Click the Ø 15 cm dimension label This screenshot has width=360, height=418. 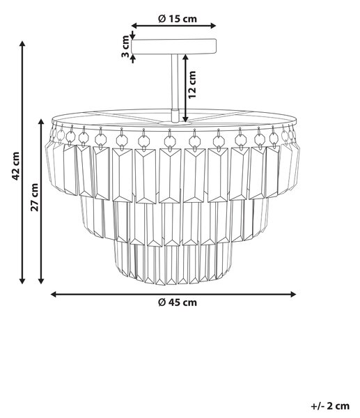tap(178, 19)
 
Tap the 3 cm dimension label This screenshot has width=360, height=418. tap(125, 47)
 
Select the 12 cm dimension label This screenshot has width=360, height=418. tap(192, 85)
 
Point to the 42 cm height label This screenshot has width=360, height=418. tap(15, 166)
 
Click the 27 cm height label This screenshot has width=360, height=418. tap(34, 197)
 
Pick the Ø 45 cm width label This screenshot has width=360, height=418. tap(178, 302)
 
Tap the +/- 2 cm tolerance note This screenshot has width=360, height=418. tap(330, 406)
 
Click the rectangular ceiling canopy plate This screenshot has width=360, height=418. tap(174, 47)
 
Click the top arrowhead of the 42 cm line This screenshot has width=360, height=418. tap(22, 44)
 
